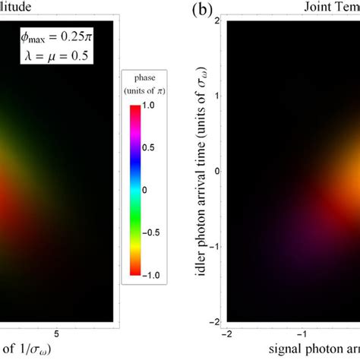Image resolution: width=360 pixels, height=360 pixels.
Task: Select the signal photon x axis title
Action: tap(304, 351)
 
